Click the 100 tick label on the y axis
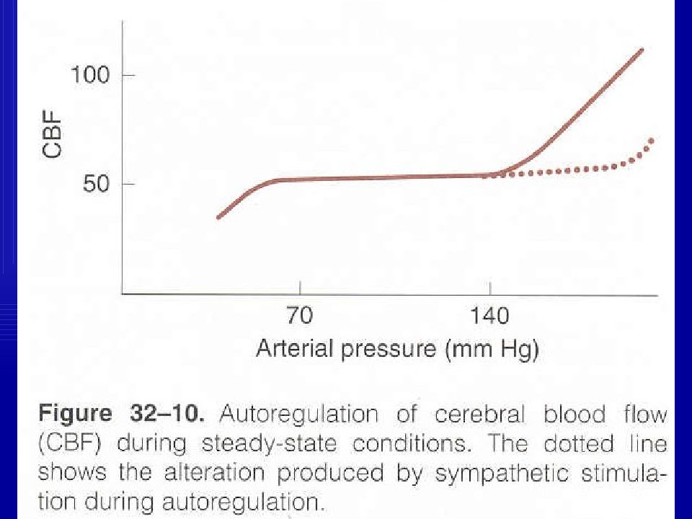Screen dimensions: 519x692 89,74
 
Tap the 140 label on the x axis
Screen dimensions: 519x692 489,316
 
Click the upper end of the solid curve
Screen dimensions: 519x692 642,50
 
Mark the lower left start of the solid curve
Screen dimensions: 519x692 218,217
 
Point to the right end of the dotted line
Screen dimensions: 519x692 652,140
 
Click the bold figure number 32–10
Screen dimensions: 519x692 170,416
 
